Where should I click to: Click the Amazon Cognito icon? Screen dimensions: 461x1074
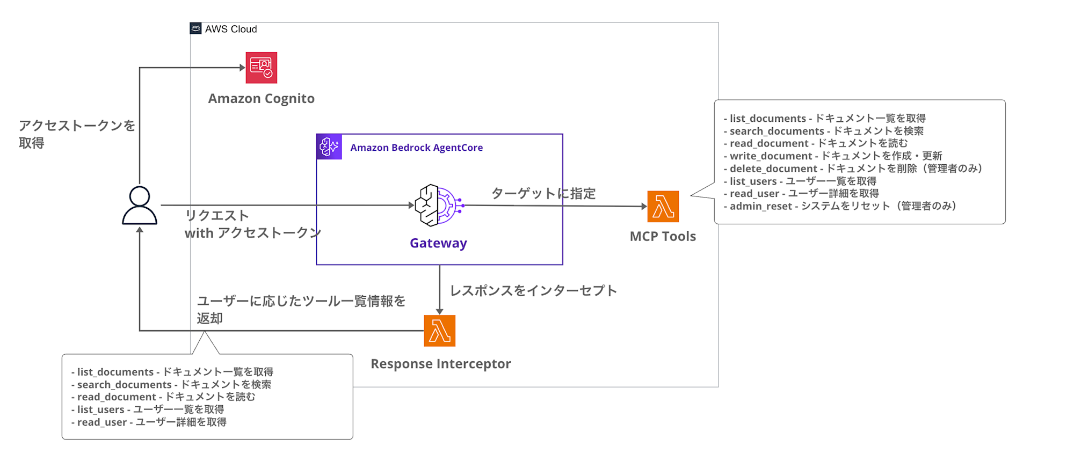coord(261,68)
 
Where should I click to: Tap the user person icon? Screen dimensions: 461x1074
coord(140,205)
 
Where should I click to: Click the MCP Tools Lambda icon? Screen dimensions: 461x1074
coord(663,207)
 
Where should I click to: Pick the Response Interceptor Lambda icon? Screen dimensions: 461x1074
coord(439,331)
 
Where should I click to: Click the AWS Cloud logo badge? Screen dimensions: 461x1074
coord(196,28)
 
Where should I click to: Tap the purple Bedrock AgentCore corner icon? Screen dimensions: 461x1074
coord(329,147)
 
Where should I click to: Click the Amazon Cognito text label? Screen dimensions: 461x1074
coord(261,99)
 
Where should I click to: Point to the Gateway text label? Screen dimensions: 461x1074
coord(438,243)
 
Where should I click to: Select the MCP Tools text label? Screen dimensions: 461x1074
coord(663,237)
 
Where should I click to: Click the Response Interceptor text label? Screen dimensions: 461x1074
coord(440,364)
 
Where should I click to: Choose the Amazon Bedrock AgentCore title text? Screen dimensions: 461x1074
coord(416,148)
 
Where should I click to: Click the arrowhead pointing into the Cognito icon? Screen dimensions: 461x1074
coord(242,68)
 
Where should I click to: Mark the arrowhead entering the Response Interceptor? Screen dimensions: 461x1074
coord(439,311)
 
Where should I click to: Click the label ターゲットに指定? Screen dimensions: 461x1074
coord(543,194)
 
